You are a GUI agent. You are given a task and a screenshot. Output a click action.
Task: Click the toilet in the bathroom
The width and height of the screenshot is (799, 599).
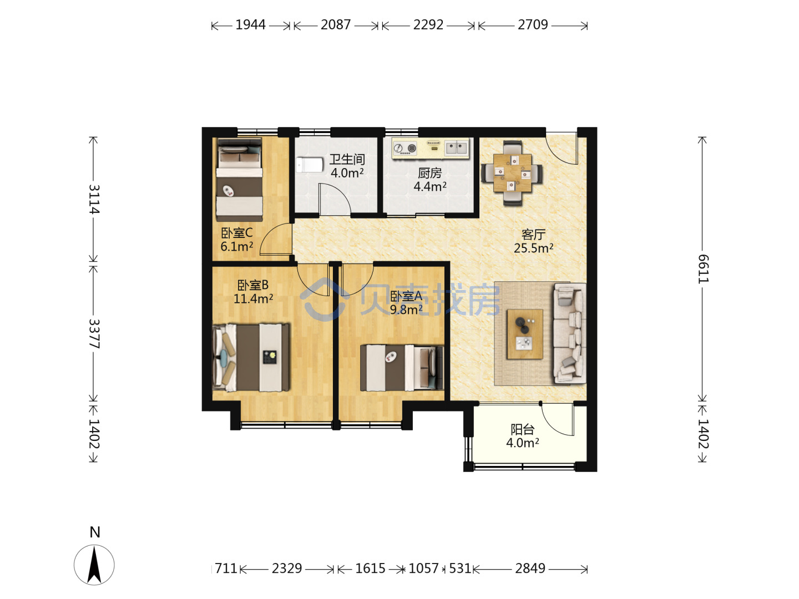(310, 165)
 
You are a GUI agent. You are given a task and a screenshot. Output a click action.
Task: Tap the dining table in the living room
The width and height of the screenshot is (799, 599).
(512, 172)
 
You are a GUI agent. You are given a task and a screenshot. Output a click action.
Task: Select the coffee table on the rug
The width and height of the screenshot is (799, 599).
(524, 334)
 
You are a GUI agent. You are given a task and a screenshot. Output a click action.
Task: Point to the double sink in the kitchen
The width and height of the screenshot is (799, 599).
(457, 148)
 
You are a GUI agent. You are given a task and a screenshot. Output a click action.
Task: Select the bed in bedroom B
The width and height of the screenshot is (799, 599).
(251, 358)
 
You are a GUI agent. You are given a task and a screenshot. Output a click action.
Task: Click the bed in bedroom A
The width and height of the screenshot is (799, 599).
(402, 368)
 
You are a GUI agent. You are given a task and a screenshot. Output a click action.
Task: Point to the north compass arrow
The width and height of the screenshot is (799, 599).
(94, 565)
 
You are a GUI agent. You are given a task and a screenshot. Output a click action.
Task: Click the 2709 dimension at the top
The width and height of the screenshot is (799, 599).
(533, 25)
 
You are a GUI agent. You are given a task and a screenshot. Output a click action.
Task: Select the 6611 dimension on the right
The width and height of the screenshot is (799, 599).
(702, 268)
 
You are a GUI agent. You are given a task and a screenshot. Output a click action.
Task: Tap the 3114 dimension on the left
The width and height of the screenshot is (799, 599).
(94, 199)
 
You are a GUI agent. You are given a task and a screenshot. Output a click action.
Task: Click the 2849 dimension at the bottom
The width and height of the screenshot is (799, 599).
(530, 568)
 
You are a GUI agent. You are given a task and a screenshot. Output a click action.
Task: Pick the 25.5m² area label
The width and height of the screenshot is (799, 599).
(533, 248)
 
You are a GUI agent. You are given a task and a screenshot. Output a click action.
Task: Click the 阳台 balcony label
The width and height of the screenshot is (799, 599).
(522, 429)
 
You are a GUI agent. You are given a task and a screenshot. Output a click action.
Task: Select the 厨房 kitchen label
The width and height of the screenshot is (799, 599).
(430, 173)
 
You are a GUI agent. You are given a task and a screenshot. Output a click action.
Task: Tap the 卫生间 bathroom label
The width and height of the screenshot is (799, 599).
(347, 159)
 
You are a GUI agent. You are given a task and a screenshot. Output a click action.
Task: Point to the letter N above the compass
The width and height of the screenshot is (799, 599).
(95, 532)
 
